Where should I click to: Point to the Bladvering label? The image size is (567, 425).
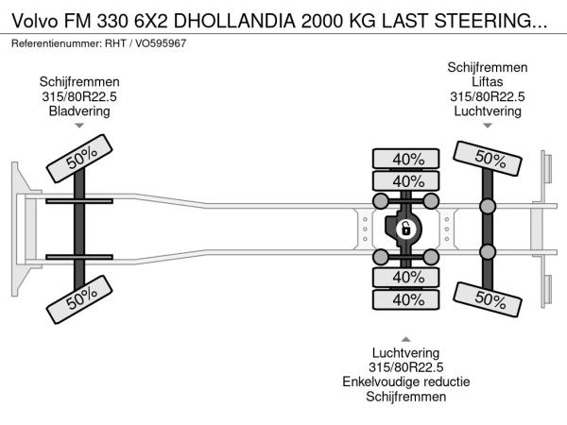(79, 110)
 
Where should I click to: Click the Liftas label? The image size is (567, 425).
(488, 81)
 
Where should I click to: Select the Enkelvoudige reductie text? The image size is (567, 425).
(406, 382)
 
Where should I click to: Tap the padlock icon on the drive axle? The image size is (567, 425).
(405, 229)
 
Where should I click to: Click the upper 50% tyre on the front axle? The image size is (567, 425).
(81, 161)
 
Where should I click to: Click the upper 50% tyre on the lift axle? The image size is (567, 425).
(488, 159)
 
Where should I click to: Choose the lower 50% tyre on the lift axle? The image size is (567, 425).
(488, 298)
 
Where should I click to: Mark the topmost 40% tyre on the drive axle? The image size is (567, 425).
(407, 159)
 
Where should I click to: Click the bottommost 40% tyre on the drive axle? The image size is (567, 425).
(407, 299)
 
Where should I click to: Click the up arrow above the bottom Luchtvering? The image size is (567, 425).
(406, 339)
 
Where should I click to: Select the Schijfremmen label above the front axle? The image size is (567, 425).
(79, 81)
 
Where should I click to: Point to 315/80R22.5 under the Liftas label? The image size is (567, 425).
(488, 96)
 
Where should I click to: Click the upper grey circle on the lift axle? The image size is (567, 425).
(488, 207)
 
